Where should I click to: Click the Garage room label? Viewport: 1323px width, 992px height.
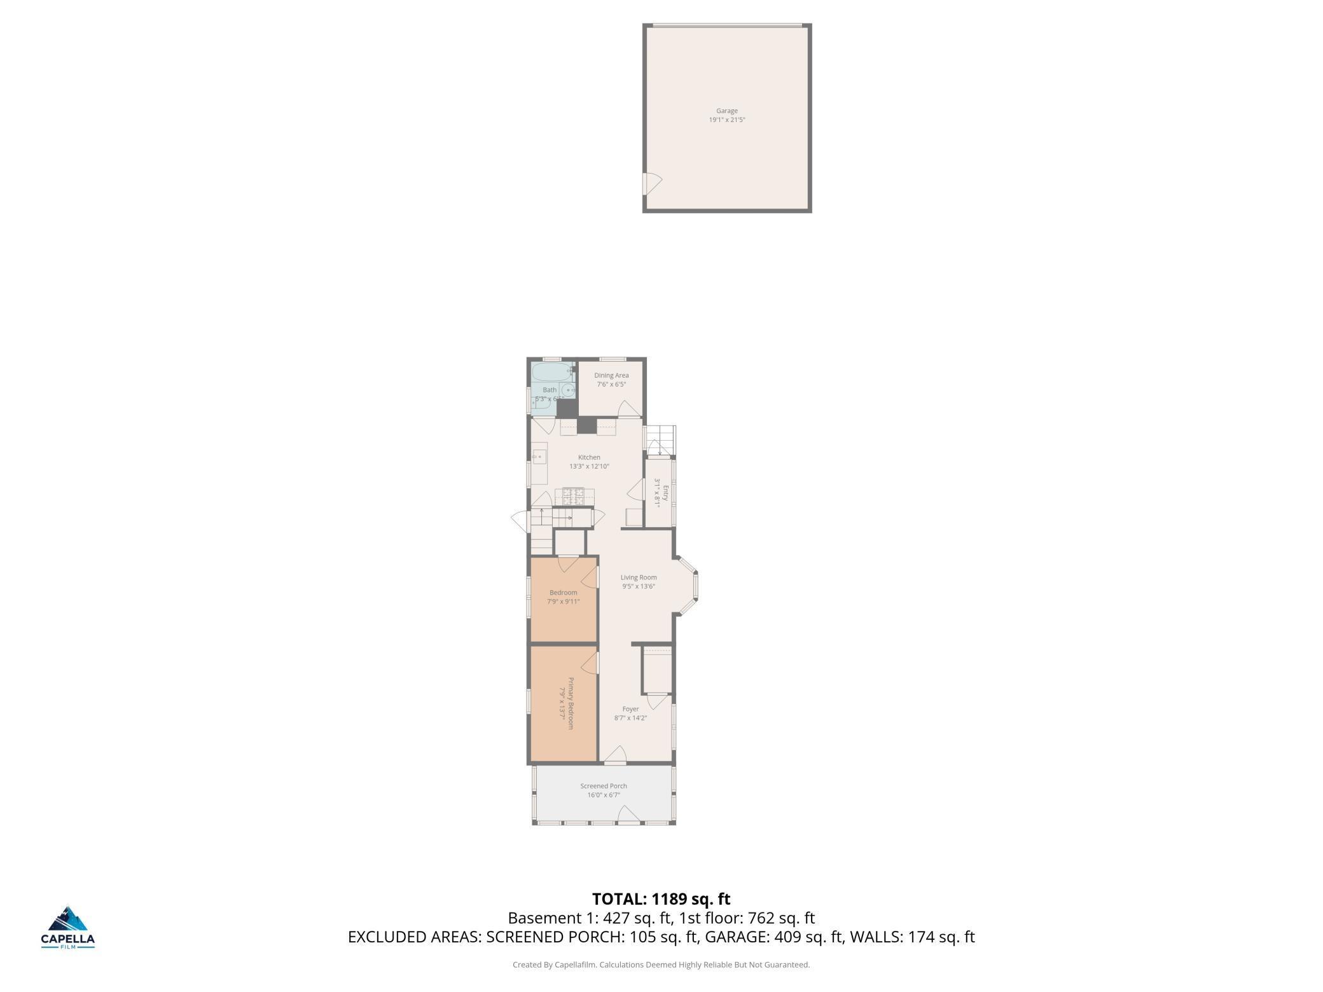coord(726,111)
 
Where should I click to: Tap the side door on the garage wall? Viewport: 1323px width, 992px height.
coord(651,183)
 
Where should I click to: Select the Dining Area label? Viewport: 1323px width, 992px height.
coord(611,376)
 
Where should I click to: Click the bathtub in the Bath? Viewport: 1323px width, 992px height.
coord(551,372)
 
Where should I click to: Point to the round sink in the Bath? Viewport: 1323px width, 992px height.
coord(568,390)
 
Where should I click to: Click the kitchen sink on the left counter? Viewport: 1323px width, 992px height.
coord(539,457)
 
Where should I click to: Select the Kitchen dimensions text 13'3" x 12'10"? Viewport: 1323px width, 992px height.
coord(589,467)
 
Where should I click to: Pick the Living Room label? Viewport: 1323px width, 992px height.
coord(639,577)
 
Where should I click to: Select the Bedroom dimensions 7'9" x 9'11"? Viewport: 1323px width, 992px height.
coord(563,602)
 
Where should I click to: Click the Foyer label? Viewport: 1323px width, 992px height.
coord(630,709)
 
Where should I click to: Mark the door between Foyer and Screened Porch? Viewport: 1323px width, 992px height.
coord(616,756)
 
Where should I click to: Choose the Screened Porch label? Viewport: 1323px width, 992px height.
coord(603,786)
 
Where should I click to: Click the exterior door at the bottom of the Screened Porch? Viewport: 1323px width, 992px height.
coord(628,816)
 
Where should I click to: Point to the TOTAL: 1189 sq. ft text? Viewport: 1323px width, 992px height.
coord(661,899)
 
